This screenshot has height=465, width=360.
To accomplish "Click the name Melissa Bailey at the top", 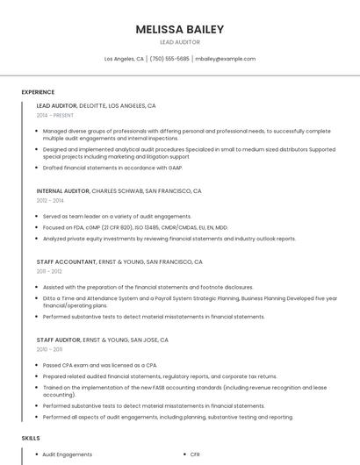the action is tap(179, 29).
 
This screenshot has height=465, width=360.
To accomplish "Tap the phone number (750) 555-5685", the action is tap(169, 59).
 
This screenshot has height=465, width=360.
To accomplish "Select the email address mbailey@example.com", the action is tap(226, 59).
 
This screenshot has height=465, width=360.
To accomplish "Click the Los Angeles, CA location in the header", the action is tap(124, 59).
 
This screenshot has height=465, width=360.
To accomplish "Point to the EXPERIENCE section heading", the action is tap(38, 92).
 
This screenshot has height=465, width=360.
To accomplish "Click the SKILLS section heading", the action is tap(31, 437).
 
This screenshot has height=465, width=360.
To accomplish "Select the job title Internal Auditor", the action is tap(63, 190).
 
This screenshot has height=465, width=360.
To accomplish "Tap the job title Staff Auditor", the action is tap(59, 340).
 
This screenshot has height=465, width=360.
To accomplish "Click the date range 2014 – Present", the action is tap(55, 115).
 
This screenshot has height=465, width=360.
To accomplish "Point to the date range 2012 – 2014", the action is tap(50, 200).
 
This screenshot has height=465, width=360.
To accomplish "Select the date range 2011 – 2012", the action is tap(49, 271).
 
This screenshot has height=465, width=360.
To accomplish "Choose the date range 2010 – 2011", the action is tap(49, 349).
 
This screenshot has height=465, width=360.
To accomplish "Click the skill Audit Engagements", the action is tap(67, 454).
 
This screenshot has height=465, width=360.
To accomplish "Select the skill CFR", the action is tap(195, 454).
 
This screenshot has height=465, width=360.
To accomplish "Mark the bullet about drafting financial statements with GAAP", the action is tap(112, 167).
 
